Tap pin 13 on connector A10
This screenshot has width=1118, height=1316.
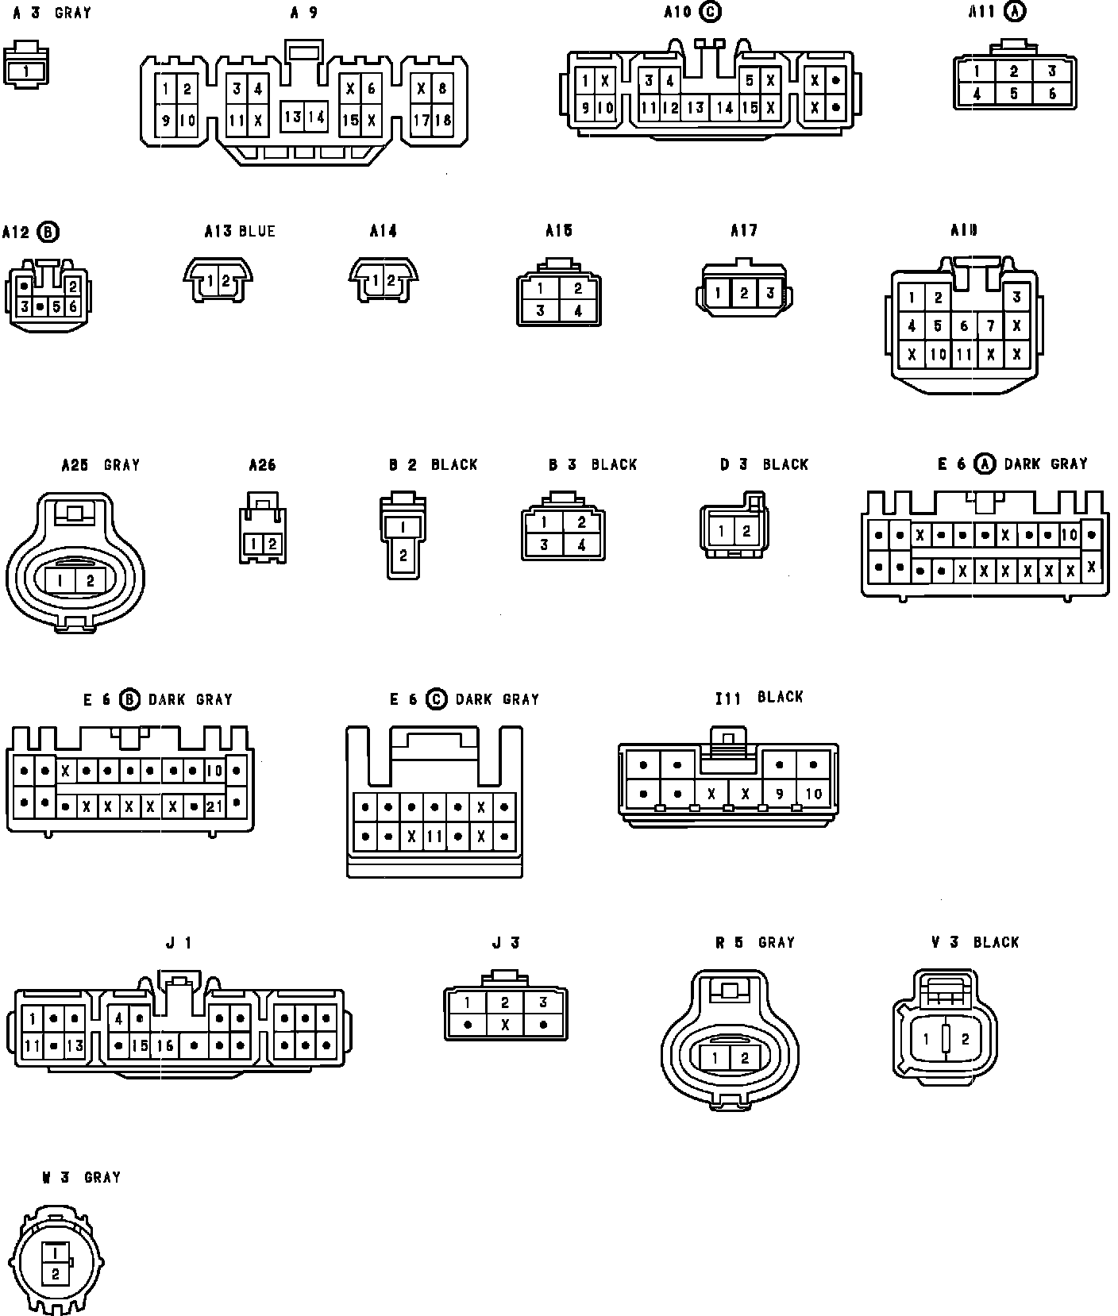point(696,108)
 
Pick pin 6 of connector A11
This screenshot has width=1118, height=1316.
point(1052,94)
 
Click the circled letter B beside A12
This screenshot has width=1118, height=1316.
point(48,231)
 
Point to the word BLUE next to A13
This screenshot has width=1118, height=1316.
point(256,231)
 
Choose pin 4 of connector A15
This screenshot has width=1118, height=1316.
point(578,311)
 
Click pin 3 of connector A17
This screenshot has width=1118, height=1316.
point(769,293)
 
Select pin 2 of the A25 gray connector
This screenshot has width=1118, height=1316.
point(90,581)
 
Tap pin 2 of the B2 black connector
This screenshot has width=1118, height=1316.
point(403,555)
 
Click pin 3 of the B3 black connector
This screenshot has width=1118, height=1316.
point(544,544)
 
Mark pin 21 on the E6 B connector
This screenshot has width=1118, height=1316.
point(214,807)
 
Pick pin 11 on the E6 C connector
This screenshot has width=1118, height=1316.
point(434,837)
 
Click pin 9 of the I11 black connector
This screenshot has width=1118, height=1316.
point(780,793)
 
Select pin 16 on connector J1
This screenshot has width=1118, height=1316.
point(165,1045)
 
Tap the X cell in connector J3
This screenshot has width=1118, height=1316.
point(505,1025)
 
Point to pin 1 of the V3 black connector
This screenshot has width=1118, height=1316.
point(927,1038)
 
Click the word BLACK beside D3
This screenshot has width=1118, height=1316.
point(785,464)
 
